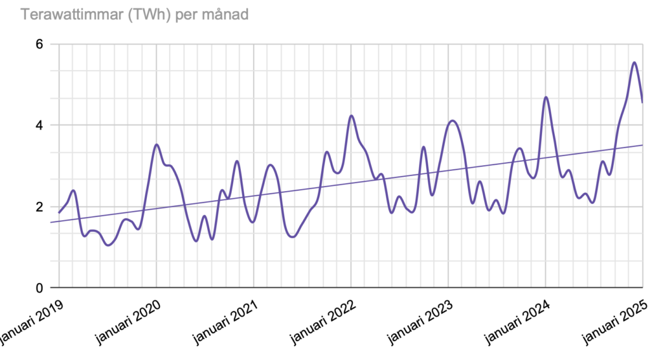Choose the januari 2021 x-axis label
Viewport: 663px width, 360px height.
tap(223, 321)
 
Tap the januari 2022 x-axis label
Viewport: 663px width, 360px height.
tap(320, 321)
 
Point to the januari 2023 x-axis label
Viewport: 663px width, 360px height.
tap(417, 321)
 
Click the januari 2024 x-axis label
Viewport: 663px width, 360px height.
tap(515, 321)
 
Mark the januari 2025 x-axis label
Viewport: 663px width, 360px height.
tap(612, 321)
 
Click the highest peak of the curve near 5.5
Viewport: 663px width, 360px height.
tap(634, 62)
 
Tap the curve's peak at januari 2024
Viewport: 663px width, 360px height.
tap(546, 97)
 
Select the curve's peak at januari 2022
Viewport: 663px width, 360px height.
tap(351, 115)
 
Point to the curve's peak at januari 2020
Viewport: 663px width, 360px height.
tap(156, 144)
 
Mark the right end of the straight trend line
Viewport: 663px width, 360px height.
tap(642, 145)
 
